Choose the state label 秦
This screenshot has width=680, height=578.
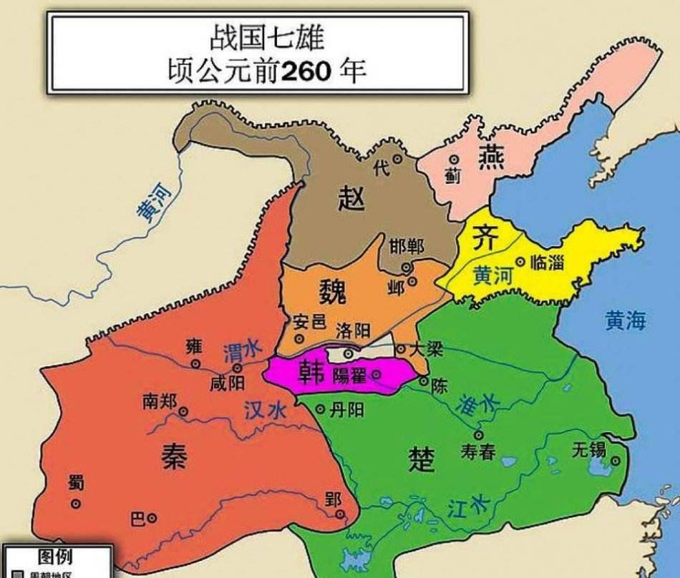(x=173, y=453)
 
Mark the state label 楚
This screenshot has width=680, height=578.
(x=422, y=459)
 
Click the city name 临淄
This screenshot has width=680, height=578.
(x=548, y=263)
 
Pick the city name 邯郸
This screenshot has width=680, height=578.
(x=407, y=247)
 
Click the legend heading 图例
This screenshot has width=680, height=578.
(x=54, y=557)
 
